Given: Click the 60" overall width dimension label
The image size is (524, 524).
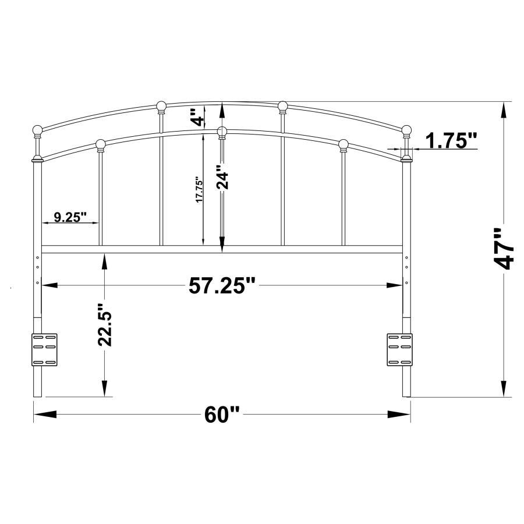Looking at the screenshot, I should point(222,415).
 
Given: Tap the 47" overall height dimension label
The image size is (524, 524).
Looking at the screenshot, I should point(505,249).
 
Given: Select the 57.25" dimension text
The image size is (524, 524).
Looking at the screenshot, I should point(222,285).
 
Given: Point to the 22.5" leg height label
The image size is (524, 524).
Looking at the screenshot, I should point(105,325).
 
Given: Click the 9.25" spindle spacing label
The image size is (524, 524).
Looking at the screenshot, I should point(70,217).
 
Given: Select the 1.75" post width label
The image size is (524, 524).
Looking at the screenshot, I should point(451,140).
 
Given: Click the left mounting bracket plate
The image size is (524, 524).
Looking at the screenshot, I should point(44,349).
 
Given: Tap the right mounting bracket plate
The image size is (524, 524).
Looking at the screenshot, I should point(399,349).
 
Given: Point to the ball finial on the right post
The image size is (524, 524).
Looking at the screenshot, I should point(406,129).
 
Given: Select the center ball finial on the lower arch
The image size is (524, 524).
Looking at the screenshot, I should point(222,132).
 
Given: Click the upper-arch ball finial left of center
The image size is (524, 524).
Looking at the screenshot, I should point(162,106).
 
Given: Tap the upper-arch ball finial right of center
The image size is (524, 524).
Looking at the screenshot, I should point(283,106).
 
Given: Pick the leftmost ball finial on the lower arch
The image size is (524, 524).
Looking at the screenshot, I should point(100,143).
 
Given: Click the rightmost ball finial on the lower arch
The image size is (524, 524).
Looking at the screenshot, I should point(344,143).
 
